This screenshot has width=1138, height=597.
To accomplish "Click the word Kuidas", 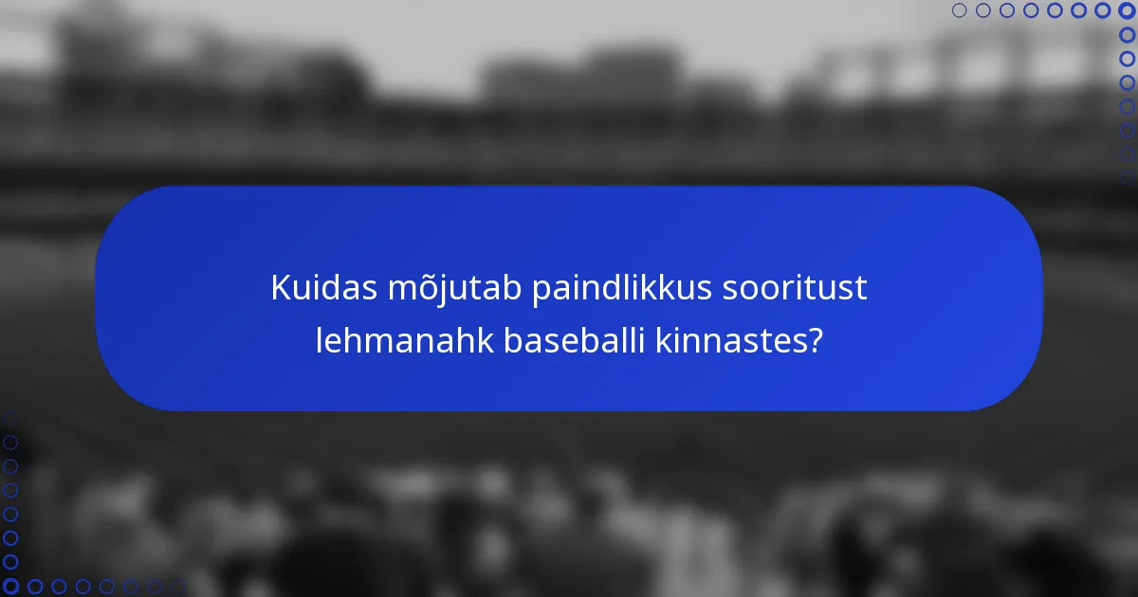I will click(322, 288).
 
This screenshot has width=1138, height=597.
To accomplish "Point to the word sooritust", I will click(795, 288).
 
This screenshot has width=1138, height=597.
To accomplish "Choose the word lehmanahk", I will click(404, 341).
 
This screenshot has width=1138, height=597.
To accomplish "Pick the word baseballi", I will click(575, 341).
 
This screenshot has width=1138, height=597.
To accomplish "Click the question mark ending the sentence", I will click(813, 341).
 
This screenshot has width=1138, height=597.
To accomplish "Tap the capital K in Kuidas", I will click(281, 288).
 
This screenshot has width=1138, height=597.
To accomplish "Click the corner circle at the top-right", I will click(1127, 10).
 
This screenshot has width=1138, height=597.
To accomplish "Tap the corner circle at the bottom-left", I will click(10, 587).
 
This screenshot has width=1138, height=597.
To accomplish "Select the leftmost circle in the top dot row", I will click(959, 10).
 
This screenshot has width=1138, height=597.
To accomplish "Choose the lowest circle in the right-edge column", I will click(1127, 177).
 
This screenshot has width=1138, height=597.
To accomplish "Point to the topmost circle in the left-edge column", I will click(10, 418).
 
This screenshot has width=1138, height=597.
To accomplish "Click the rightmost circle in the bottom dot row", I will click(178, 587).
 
